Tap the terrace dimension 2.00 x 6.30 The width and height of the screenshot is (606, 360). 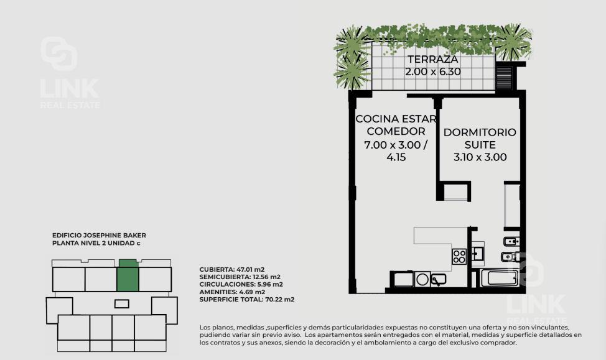433,72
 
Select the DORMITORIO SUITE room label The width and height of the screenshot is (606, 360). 480,138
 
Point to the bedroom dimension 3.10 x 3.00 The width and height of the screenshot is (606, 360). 480,157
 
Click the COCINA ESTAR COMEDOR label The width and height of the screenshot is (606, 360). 396,125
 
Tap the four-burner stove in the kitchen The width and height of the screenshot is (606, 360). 459,257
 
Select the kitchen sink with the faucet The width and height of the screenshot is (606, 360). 438,279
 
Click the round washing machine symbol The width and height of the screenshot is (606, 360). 422,279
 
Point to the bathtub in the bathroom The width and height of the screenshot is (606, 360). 499,278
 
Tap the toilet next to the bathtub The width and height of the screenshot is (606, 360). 510,257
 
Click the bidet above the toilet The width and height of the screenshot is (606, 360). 511,242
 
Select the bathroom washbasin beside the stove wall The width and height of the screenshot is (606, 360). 477,254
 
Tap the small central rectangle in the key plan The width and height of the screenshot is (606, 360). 122,304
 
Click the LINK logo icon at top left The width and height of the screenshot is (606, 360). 58,53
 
